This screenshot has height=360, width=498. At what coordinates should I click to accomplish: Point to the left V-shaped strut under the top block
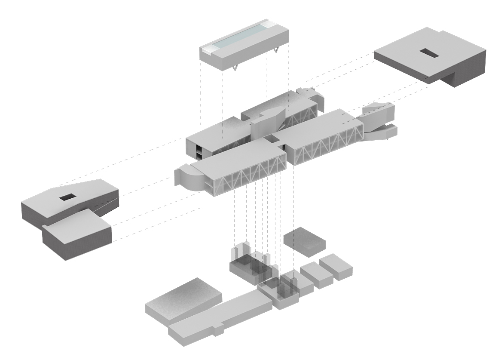pyautogui.click(x=235, y=68)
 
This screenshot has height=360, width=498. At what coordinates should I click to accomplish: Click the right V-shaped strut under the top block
pyautogui.click(x=276, y=52)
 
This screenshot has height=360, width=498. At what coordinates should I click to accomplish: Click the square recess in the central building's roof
pyautogui.click(x=271, y=138)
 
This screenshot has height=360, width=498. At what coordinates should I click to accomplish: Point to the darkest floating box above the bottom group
pyautogui.click(x=304, y=240)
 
